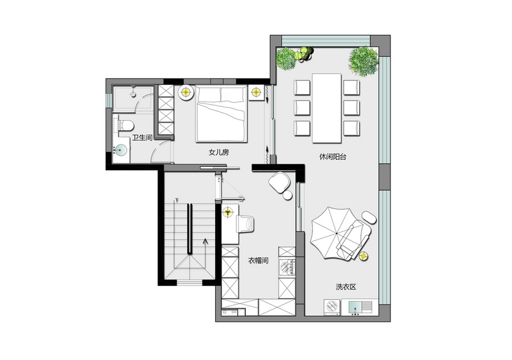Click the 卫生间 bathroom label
click(142, 137)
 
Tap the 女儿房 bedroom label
click(219, 152)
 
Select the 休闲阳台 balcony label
click(333, 157)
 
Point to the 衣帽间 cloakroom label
click(259, 260)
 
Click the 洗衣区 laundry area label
click(346, 287)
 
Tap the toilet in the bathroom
click(126, 125)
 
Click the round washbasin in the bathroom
click(121, 150)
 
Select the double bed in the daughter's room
click(221, 114)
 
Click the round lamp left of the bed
click(186, 92)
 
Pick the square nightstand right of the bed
click(256, 93)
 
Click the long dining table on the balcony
click(326, 108)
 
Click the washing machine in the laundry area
click(332, 307)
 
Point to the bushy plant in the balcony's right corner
click(364, 62)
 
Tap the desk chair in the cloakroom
click(246, 224)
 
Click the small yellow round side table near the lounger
click(364, 256)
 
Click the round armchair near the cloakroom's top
click(280, 182)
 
